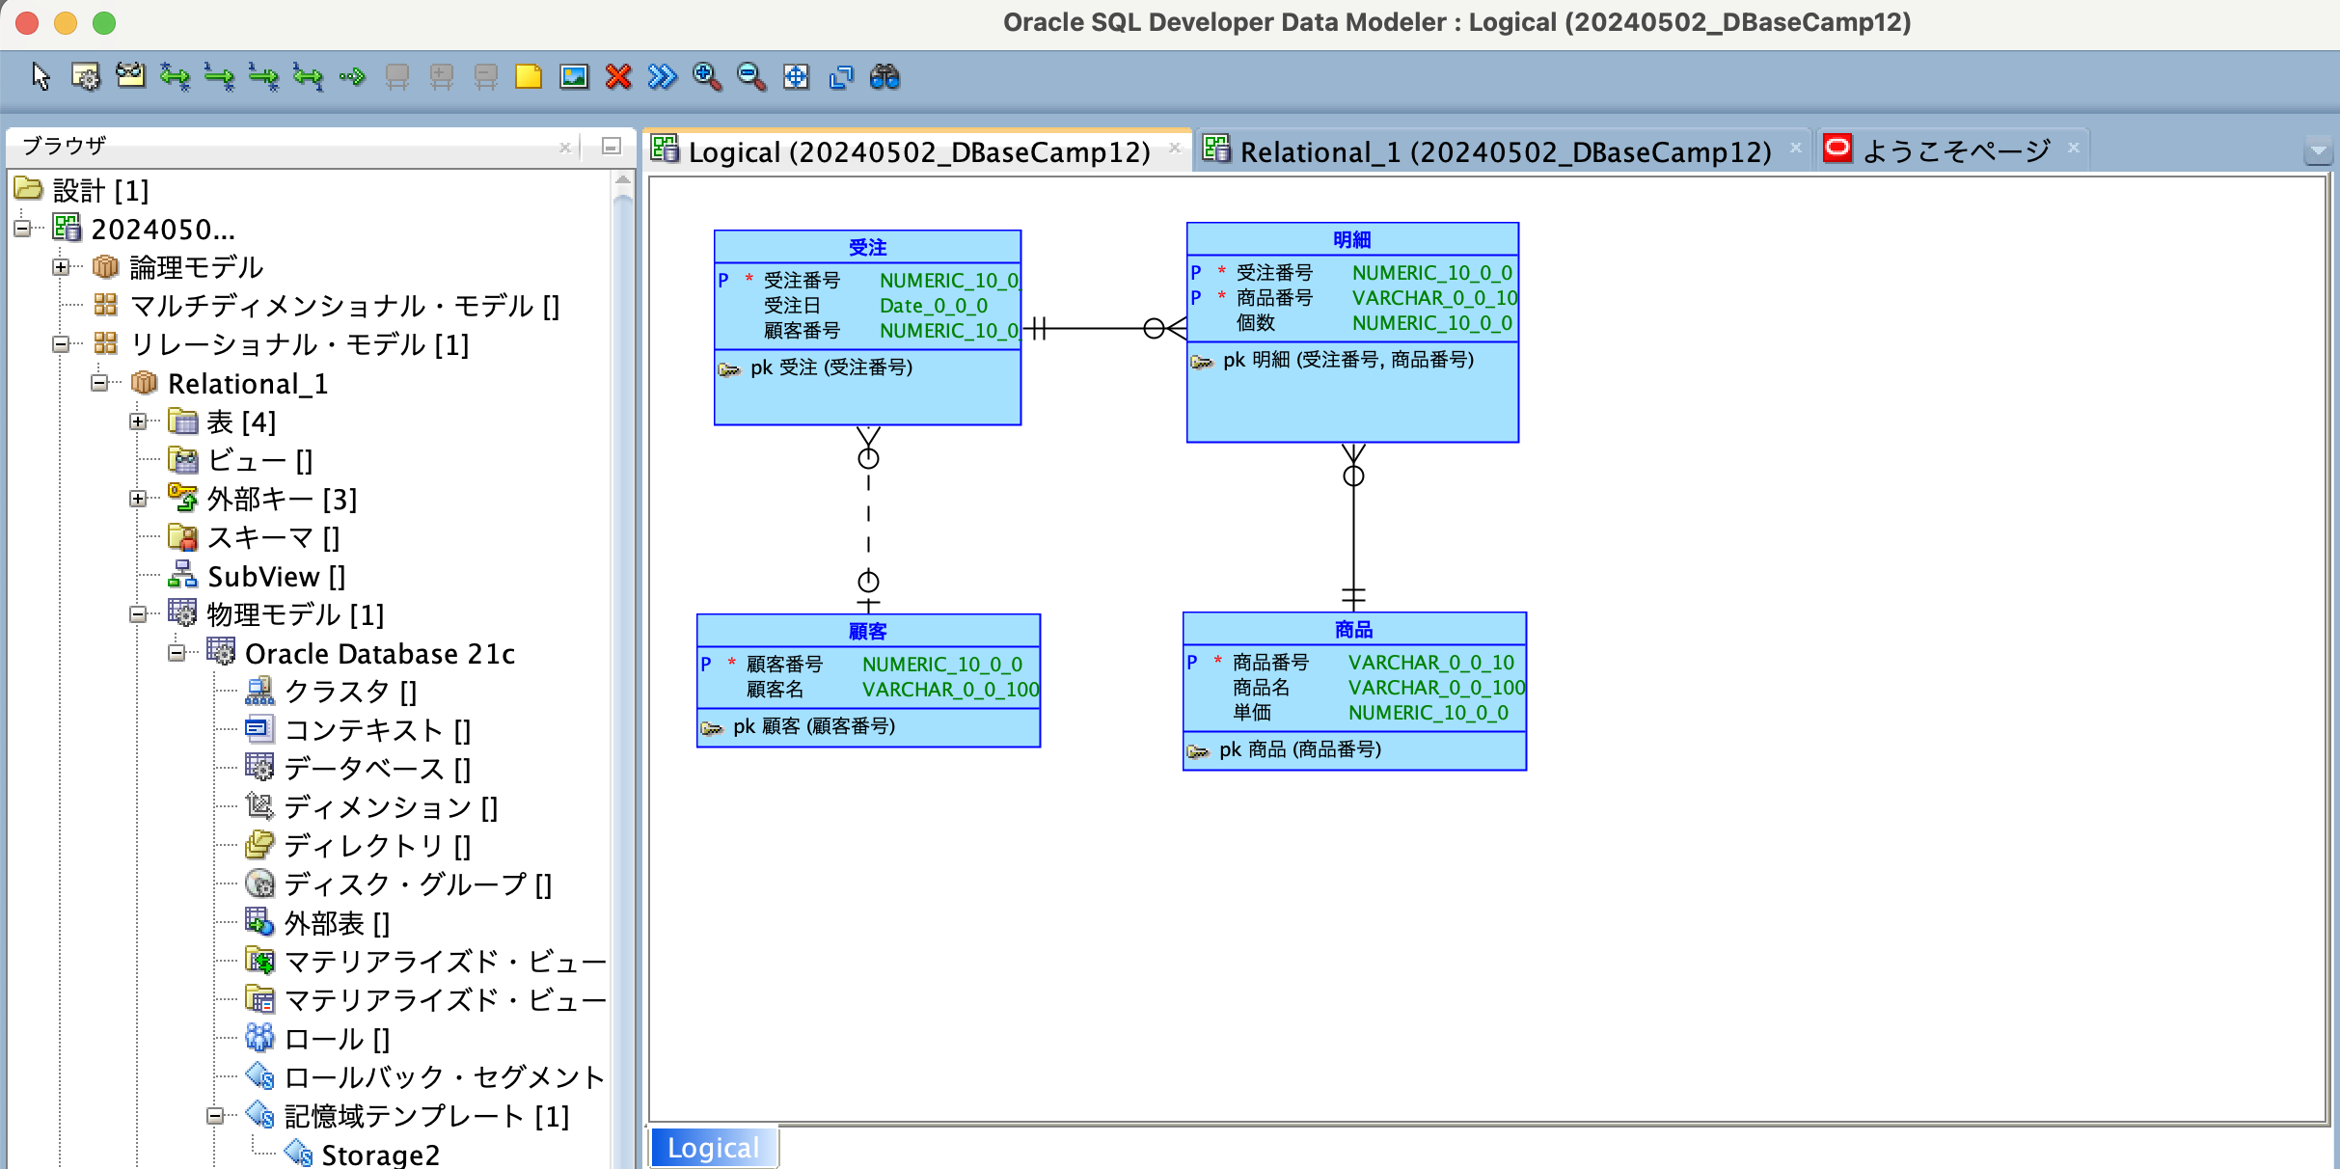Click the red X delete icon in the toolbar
coord(618,77)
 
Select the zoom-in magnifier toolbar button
coord(706,77)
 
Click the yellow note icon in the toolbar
coord(529,77)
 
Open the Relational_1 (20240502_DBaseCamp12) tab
coord(1505,151)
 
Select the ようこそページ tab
coord(1956,151)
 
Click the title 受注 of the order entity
coord(867,248)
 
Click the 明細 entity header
coord(1351,240)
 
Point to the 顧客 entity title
coord(867,632)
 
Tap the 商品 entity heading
coord(1353,630)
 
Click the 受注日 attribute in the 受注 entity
coord(792,306)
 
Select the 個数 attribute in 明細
coord(1255,323)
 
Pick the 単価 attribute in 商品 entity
coord(1251,713)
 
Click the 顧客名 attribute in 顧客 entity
coord(775,690)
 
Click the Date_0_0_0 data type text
coord(933,306)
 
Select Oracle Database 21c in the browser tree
coord(380,654)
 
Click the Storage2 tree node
coord(380,1155)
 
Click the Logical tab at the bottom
coord(713,1148)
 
